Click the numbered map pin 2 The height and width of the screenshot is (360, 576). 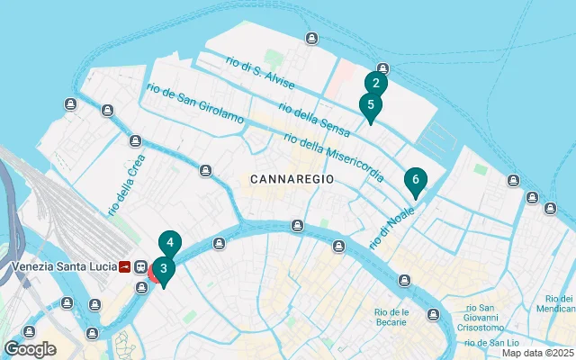(x=375, y=84)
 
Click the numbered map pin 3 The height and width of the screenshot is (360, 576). (x=163, y=269)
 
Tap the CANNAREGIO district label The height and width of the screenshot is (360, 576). (x=292, y=179)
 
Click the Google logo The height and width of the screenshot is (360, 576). (x=30, y=349)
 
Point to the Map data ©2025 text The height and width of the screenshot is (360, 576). (x=537, y=353)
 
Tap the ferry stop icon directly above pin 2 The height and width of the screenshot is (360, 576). (x=382, y=68)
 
